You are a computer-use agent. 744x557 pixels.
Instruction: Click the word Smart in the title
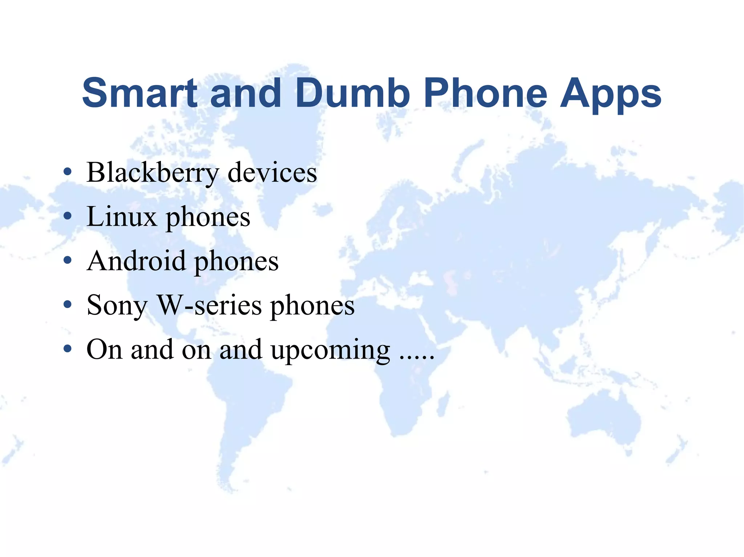coord(140,93)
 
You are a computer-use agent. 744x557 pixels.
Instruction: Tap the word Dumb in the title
coord(352,93)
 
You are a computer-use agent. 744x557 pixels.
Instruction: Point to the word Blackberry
coord(153,173)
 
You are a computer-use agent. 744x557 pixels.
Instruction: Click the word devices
coord(272,173)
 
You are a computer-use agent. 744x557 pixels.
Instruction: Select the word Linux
coord(122,217)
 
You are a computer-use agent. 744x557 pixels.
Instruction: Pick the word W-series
coord(209,305)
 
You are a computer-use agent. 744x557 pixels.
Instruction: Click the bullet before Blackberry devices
coord(67,172)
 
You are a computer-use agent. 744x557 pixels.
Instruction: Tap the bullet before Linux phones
coord(67,216)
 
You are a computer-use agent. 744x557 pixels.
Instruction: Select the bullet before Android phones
coord(67,261)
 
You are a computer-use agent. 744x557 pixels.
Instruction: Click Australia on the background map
coord(603,417)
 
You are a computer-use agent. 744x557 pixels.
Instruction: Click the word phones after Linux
coord(208,218)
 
